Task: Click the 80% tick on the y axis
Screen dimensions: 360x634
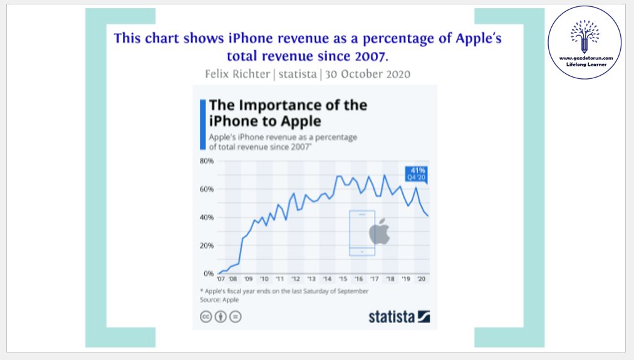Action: click(206, 161)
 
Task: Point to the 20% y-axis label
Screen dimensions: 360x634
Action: click(206, 245)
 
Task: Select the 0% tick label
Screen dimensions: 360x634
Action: click(208, 274)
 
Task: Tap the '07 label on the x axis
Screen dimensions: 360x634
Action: click(221, 279)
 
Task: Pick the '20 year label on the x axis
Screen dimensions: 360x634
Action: click(421, 279)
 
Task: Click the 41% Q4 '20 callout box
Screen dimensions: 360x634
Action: click(418, 173)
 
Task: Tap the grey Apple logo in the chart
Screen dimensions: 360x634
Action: click(380, 232)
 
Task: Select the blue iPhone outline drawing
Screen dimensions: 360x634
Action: click(361, 233)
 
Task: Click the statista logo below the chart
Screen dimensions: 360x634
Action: click(399, 316)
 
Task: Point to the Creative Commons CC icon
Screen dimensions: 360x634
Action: click(205, 317)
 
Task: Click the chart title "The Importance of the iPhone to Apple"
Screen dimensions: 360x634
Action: click(288, 113)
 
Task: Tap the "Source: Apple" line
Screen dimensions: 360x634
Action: click(219, 300)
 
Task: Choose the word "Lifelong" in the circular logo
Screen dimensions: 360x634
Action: click(575, 64)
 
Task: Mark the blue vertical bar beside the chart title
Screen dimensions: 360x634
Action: click(202, 123)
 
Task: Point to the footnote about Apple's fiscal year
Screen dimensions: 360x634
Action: click(284, 291)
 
